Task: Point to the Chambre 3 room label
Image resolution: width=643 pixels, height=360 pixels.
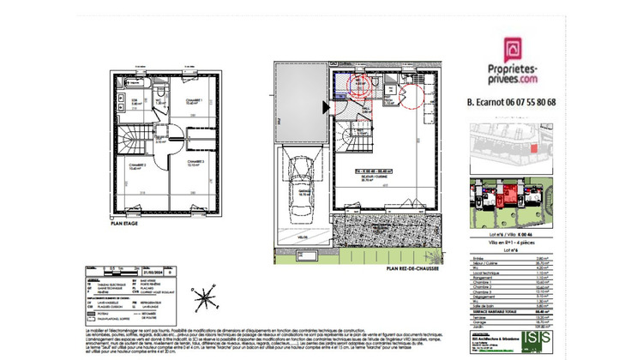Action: [196, 164]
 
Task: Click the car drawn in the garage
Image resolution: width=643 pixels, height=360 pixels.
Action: [301, 188]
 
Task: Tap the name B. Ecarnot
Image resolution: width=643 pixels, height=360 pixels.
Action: [485, 102]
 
